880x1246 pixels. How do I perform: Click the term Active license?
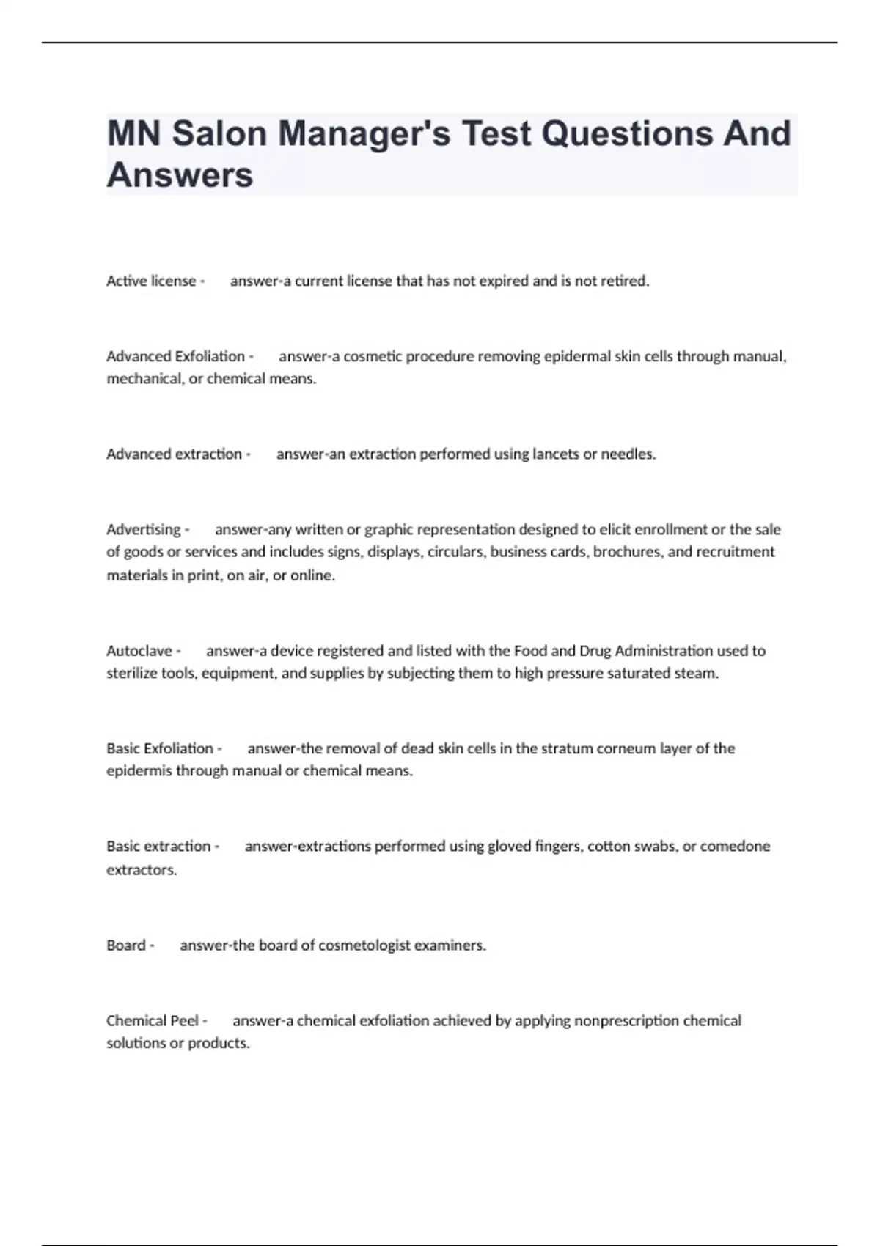[151, 281]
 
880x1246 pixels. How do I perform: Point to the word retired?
[625, 281]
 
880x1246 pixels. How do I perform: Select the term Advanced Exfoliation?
[176, 356]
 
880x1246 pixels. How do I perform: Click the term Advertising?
[144, 529]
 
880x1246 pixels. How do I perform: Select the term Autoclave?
[139, 651]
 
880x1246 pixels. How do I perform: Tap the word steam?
[696, 673]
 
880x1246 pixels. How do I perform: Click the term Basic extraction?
[158, 846]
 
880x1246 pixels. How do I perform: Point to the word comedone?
[735, 846]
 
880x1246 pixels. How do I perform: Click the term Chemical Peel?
[153, 1020]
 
